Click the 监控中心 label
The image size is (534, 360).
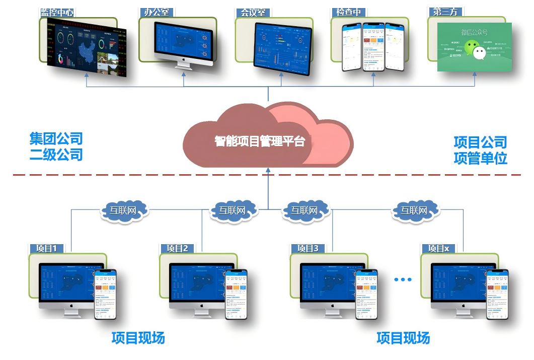point(57,12)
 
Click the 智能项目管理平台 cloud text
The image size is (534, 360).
point(260,141)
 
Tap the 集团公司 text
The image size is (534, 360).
point(56,138)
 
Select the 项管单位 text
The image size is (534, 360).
point(480,158)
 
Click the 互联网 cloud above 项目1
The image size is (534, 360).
point(124,210)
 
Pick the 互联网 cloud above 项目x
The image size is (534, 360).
point(414,210)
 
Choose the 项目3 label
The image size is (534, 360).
point(308,248)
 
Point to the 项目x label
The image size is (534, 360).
point(438,248)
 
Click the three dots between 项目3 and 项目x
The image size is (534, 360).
point(403,279)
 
